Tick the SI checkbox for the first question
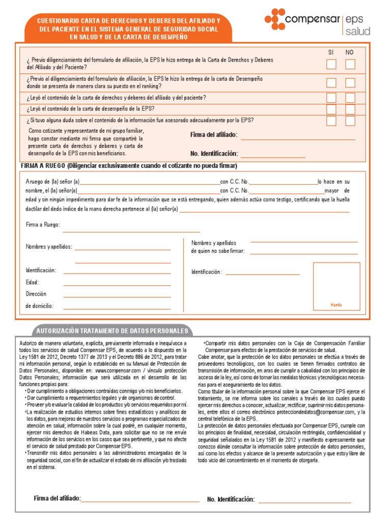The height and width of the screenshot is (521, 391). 331,64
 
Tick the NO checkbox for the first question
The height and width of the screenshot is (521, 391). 350,64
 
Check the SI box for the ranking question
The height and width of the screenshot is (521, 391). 331,83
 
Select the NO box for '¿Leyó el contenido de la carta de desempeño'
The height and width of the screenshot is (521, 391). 350,109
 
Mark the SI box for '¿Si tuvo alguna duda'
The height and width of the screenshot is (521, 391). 331,121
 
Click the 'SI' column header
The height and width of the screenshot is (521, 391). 331,52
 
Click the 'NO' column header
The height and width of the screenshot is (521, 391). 349,52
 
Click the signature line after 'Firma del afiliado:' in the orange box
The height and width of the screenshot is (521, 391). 298,138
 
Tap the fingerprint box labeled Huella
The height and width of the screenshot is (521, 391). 337,286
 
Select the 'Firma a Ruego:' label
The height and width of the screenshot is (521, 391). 43,224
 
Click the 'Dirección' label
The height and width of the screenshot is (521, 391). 36,294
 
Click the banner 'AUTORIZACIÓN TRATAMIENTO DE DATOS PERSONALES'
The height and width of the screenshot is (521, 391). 111,331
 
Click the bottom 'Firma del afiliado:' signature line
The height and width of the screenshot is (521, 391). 140,501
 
